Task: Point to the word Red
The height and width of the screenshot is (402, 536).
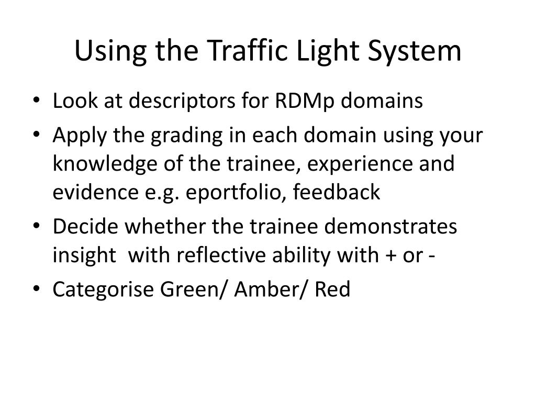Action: [x=332, y=289]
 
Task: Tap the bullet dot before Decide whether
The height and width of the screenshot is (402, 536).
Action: [x=41, y=228]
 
